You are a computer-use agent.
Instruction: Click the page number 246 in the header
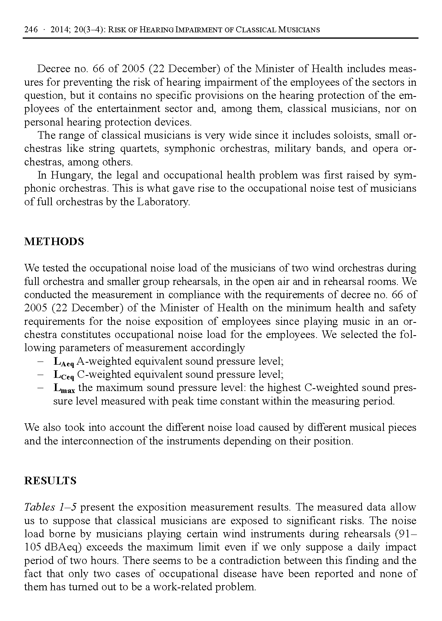coord(31,30)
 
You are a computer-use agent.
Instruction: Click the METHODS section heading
coord(54,242)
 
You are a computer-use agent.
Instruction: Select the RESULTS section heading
coord(50,481)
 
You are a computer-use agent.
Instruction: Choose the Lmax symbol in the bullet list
coord(64,389)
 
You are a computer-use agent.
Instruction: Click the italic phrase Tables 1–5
coord(50,507)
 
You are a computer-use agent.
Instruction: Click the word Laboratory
coord(163,202)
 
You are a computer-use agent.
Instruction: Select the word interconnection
coord(90,441)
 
